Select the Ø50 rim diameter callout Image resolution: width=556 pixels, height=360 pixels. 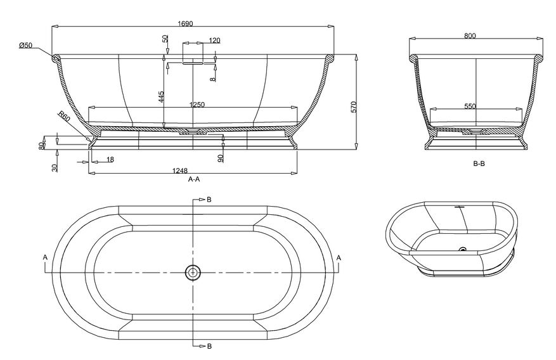click(x=25, y=45)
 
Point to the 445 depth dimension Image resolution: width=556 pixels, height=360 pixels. click(x=161, y=96)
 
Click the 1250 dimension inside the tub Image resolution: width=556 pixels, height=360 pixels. click(x=197, y=105)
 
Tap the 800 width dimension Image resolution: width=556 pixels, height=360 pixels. click(x=470, y=36)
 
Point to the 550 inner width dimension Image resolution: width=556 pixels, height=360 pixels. click(x=470, y=106)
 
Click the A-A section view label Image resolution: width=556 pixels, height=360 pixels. click(x=194, y=179)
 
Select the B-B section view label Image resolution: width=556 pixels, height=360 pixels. click(x=479, y=164)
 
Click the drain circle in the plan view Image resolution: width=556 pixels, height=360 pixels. click(x=193, y=273)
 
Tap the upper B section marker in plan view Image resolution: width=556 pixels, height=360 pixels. click(x=209, y=200)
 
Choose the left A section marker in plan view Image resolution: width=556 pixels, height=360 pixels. click(x=45, y=257)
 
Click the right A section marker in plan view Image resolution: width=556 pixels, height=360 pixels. click(x=339, y=257)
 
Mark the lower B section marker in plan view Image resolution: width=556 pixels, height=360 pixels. click(x=209, y=345)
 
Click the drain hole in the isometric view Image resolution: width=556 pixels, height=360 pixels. click(x=463, y=250)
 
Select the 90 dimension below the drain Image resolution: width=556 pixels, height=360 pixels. click(x=220, y=158)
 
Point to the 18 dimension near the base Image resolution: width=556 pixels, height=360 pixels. click(x=110, y=160)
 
